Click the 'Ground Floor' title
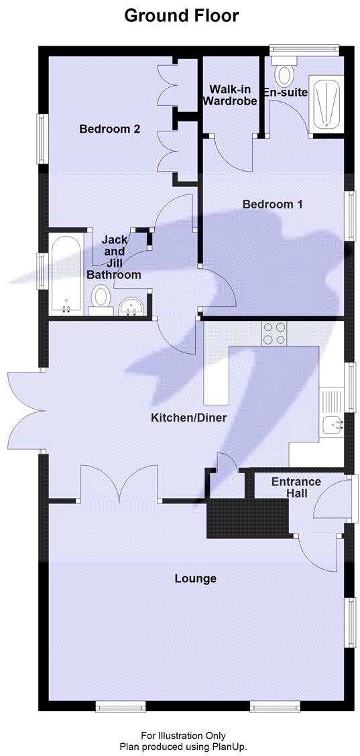(181, 15)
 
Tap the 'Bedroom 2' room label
(109, 129)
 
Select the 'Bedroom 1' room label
(272, 204)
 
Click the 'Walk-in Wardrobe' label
(230, 95)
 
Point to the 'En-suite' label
(285, 94)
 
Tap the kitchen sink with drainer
(332, 412)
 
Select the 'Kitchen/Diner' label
(188, 418)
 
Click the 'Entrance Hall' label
(296, 487)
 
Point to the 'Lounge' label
(195, 578)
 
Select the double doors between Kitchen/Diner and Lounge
(120, 485)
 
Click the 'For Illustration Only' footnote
(183, 735)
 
